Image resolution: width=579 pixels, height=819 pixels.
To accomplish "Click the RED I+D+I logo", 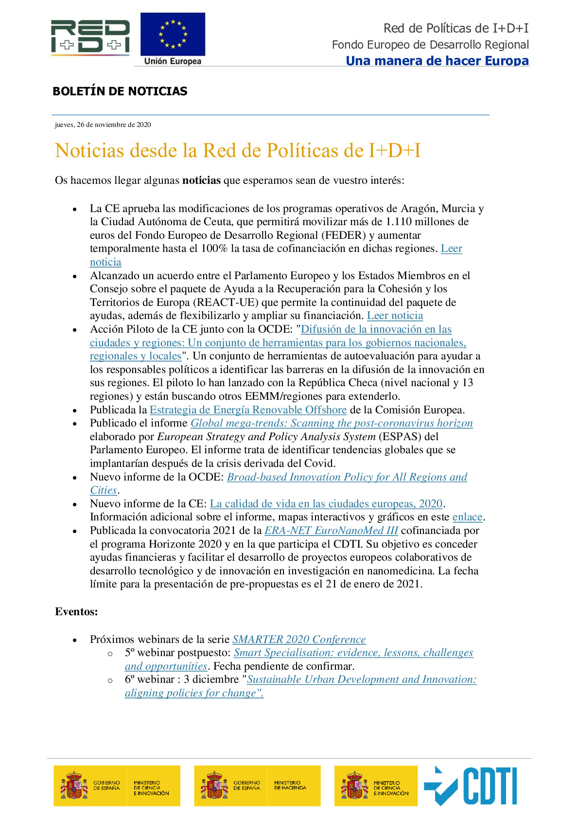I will tap(90, 37).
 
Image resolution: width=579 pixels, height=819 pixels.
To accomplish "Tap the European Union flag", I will tap(173, 35).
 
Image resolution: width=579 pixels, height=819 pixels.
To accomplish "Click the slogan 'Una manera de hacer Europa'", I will tap(437, 61).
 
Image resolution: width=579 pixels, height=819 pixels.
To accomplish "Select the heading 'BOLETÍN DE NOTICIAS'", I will tap(120, 91).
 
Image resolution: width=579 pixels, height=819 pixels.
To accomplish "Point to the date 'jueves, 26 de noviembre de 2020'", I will tap(103, 125).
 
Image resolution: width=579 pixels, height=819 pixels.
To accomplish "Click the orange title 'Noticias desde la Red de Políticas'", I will tap(238, 151).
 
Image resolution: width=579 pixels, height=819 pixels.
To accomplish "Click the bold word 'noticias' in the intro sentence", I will tap(201, 180).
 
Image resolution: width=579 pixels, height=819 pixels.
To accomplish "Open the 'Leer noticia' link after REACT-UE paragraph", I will tap(395, 316).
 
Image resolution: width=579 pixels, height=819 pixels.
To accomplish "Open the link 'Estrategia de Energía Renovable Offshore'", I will tap(248, 410).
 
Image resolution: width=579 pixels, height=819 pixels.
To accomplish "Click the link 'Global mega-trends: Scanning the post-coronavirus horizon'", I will tap(332, 423).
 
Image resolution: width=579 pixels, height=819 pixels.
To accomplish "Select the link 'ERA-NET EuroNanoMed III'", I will tap(331, 531).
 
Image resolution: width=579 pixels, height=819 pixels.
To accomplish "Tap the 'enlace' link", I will tap(467, 517).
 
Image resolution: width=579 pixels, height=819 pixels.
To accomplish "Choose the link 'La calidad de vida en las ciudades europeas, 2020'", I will tap(326, 504).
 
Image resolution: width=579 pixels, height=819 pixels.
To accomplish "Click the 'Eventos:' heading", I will tap(76, 612).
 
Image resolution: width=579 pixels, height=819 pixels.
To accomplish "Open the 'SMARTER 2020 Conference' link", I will tap(299, 640).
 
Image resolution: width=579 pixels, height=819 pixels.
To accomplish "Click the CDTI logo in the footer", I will tap(471, 786).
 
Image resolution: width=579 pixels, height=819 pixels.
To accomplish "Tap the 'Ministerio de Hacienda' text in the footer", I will tap(290, 785).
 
